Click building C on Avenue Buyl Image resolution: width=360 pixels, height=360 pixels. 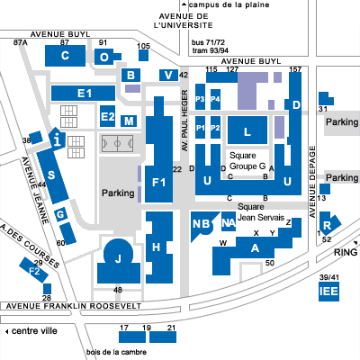coord(65,56)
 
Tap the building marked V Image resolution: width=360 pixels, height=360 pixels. coord(168,75)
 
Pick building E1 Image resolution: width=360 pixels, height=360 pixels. coord(83,94)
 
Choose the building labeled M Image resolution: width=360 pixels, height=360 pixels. coord(129,121)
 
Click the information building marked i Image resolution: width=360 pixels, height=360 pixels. coord(57,138)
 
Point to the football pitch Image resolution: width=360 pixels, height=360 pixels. coord(117,144)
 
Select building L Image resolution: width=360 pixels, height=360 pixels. coord(247,130)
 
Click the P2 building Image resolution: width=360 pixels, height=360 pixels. coord(215,127)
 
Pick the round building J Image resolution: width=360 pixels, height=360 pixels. coord(119,261)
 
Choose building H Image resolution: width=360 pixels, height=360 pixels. coord(159,247)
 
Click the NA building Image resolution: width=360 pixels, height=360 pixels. coord(229,221)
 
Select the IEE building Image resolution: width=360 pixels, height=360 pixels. coord(328,291)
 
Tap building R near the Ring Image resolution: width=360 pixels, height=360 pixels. coord(328,225)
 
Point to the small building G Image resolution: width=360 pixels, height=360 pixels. coord(61,214)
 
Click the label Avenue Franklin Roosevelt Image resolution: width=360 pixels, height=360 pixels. coord(74,306)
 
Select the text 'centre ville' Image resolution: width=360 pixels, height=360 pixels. coord(34,331)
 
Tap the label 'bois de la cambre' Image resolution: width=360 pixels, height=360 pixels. coord(116,352)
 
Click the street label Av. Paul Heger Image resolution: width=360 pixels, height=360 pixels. coord(184,121)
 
